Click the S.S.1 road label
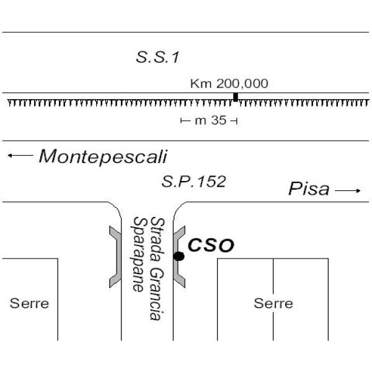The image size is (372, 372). tap(157, 58)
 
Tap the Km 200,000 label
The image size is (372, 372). tap(229, 84)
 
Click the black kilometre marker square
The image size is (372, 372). tap(236, 96)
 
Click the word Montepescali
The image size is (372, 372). tap(103, 156)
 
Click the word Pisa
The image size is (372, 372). tap(309, 190)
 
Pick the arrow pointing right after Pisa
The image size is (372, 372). tap(348, 191)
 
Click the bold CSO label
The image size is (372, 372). tap(211, 246)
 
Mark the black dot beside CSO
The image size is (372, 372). tap(179, 256)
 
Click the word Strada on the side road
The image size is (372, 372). tap(157, 236)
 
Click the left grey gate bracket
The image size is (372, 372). tap(114, 256)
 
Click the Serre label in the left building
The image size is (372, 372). tap(29, 304)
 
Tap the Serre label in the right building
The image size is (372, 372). tap(273, 304)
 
